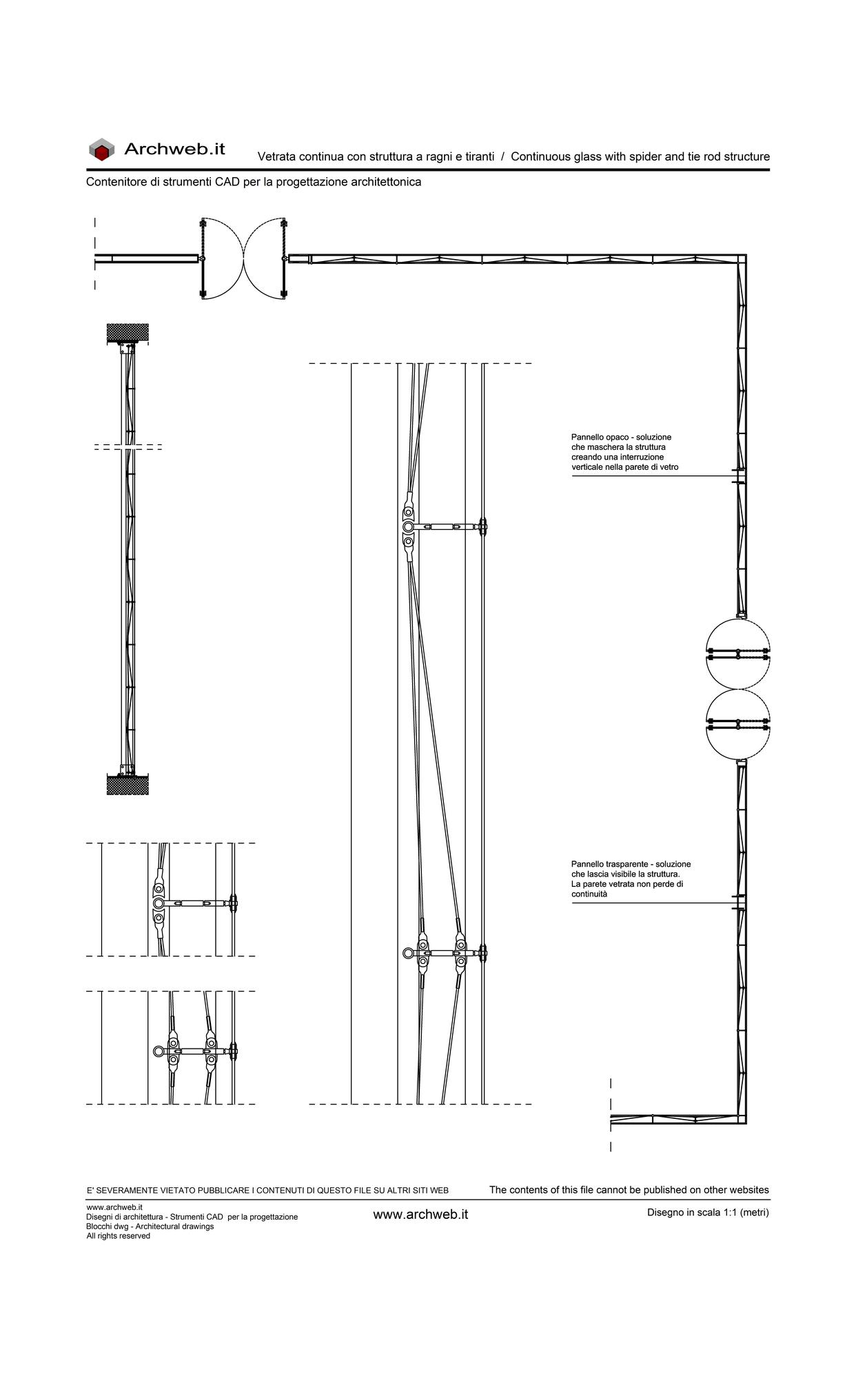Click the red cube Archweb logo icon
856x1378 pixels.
pyautogui.click(x=101, y=150)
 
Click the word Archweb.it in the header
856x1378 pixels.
pyautogui.click(x=174, y=149)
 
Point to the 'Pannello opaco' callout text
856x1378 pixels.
pyautogui.click(x=625, y=452)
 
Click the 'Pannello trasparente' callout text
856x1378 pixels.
pyautogui.click(x=631, y=878)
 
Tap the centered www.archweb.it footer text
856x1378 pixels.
pyautogui.click(x=420, y=1215)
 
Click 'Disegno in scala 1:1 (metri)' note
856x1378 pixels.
pyautogui.click(x=708, y=1213)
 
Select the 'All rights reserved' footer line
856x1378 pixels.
pyautogui.click(x=118, y=1236)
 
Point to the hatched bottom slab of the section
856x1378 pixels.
pyautogui.click(x=128, y=785)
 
